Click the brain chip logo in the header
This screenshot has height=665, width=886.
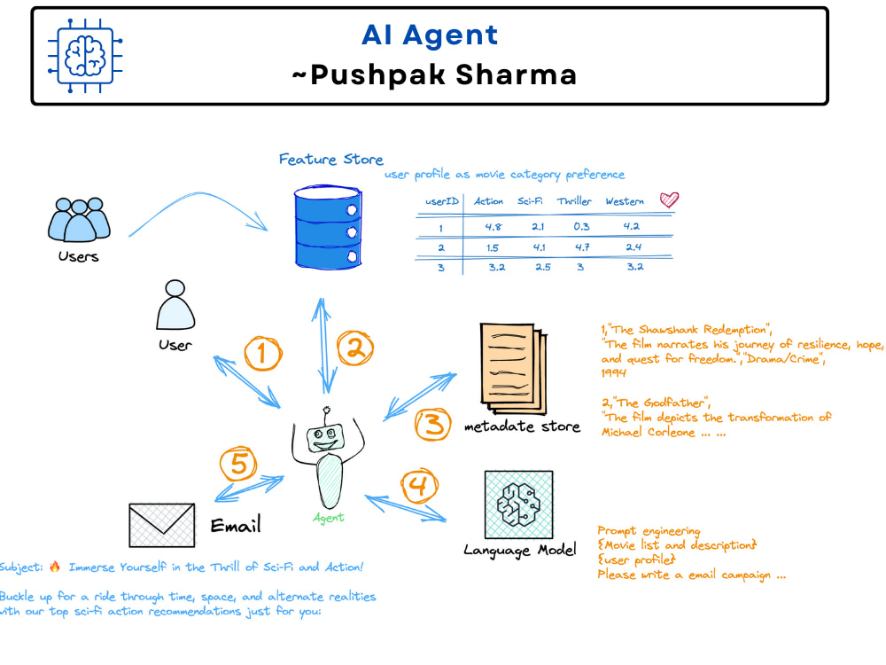(x=85, y=55)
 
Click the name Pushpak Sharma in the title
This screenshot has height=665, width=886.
(x=444, y=75)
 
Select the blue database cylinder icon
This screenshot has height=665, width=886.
(x=328, y=227)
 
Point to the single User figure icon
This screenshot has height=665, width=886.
(x=175, y=304)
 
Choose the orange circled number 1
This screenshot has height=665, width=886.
(x=263, y=354)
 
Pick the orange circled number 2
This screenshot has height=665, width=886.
(x=355, y=348)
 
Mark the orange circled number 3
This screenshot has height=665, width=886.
(x=433, y=424)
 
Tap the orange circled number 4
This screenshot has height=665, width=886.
(x=419, y=485)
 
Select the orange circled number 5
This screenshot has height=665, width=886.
(x=237, y=464)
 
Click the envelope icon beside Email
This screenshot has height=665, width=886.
(x=161, y=525)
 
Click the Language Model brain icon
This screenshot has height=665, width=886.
(x=518, y=505)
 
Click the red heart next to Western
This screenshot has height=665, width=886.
(x=669, y=199)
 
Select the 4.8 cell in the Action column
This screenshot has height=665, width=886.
(x=493, y=227)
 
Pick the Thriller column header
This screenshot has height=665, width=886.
(x=574, y=200)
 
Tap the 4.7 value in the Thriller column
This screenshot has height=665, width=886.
(x=582, y=247)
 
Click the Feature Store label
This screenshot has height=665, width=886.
(x=331, y=160)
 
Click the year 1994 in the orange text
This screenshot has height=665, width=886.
(x=614, y=372)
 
